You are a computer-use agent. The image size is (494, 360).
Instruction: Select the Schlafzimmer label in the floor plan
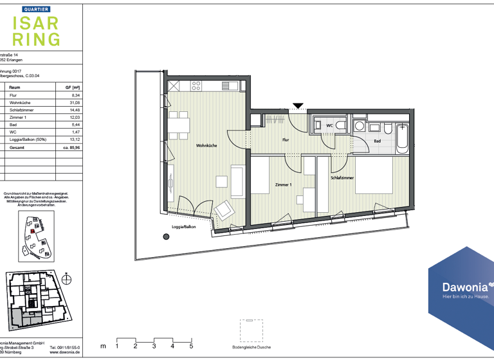click(x=342, y=178)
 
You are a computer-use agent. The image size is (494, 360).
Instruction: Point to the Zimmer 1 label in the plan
click(x=284, y=184)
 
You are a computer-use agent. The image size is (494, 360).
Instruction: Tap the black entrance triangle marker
click(x=298, y=105)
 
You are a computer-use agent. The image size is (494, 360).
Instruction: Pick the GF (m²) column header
click(x=72, y=87)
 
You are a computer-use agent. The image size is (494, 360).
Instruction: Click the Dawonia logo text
click(x=458, y=287)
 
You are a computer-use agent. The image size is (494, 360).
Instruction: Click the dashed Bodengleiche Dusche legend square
click(x=252, y=330)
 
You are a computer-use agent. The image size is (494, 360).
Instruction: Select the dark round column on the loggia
click(x=167, y=237)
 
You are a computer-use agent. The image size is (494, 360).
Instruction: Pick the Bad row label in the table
click(x=14, y=125)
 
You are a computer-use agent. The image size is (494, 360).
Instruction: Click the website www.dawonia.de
click(x=64, y=352)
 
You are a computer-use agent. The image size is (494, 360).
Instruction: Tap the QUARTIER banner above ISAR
click(x=37, y=9)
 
